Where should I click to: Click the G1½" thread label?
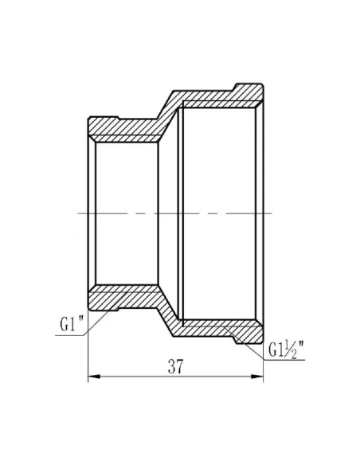[284, 349]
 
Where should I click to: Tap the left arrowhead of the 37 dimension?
[91, 377]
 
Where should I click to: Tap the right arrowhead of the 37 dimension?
[260, 377]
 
